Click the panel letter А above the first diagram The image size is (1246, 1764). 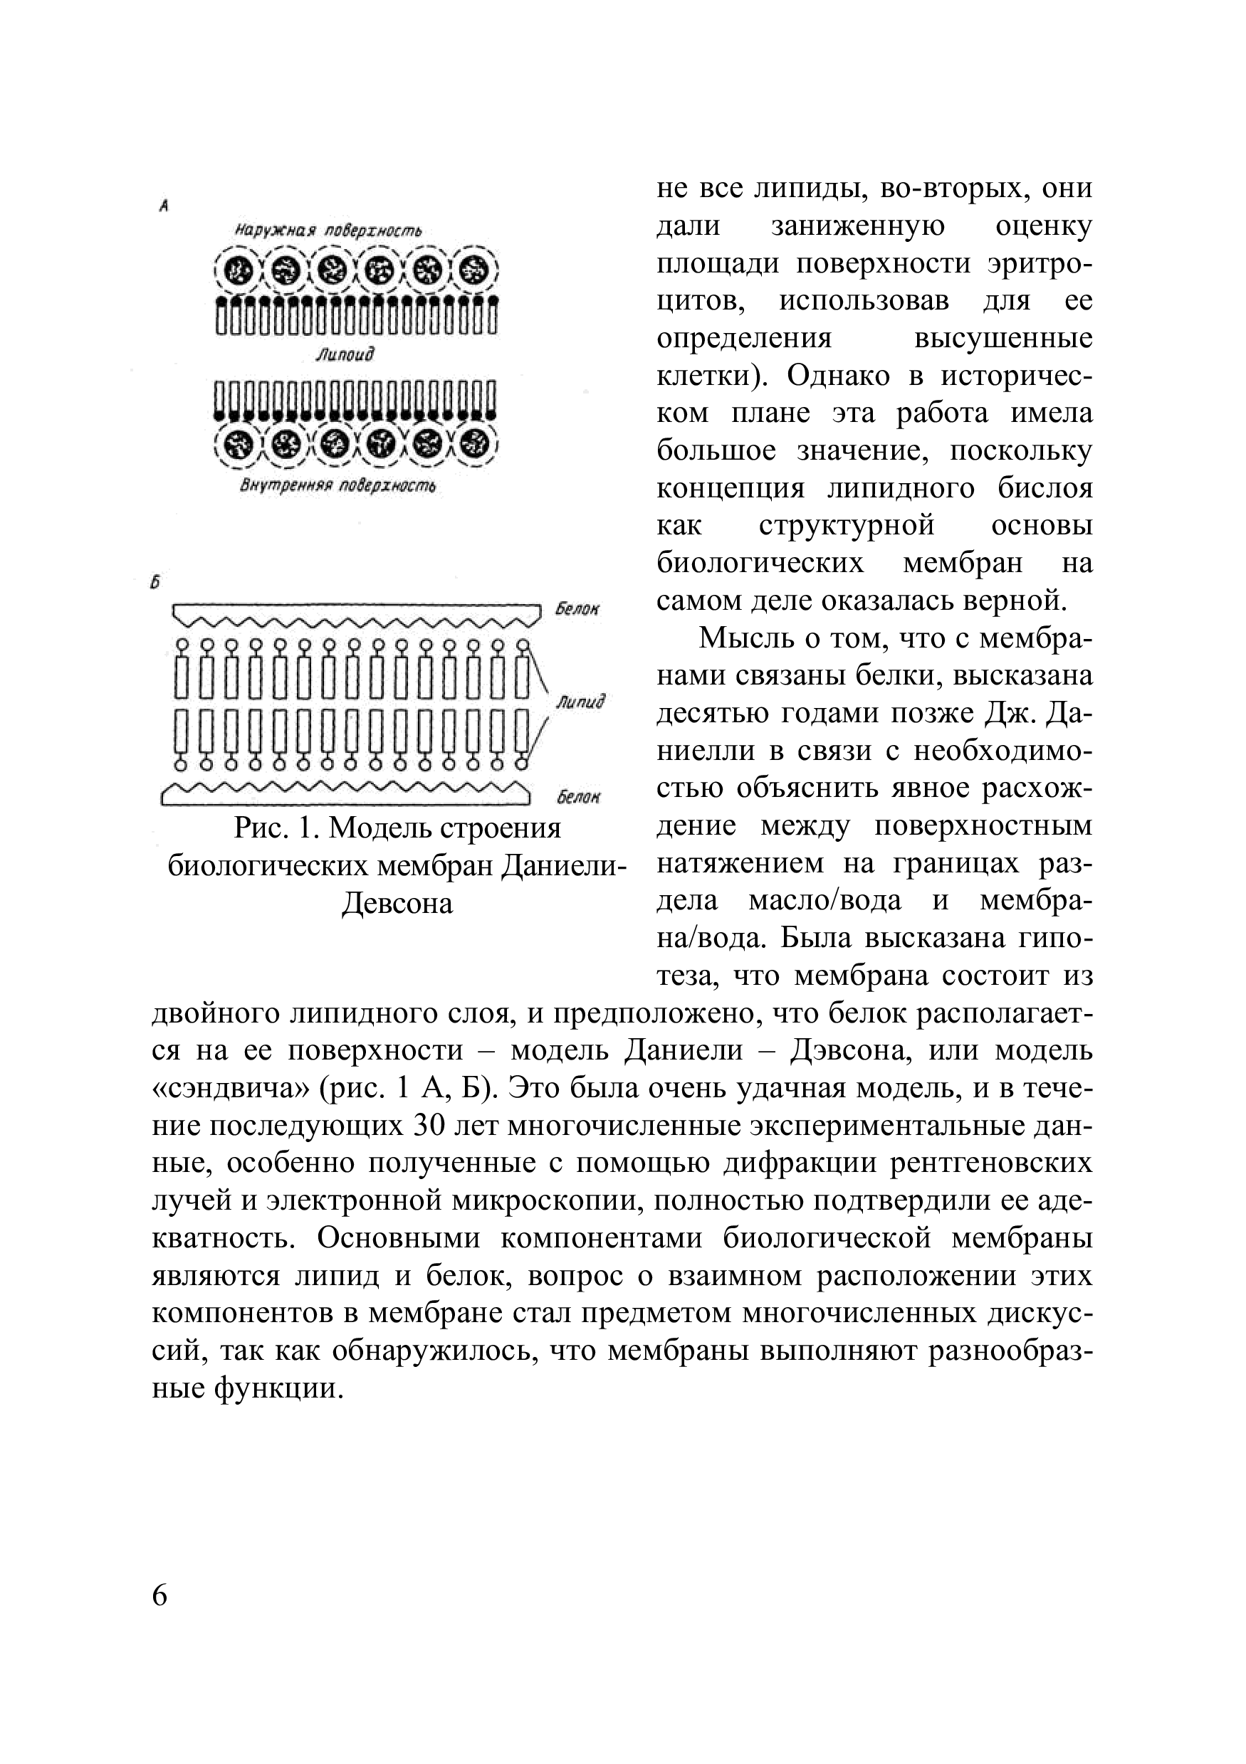(164, 205)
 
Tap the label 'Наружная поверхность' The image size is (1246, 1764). (328, 231)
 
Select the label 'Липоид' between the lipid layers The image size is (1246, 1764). (345, 354)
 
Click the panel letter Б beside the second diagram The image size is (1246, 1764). (157, 583)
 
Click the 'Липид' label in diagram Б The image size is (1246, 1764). (580, 702)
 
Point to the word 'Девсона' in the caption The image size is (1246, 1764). (397, 904)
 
